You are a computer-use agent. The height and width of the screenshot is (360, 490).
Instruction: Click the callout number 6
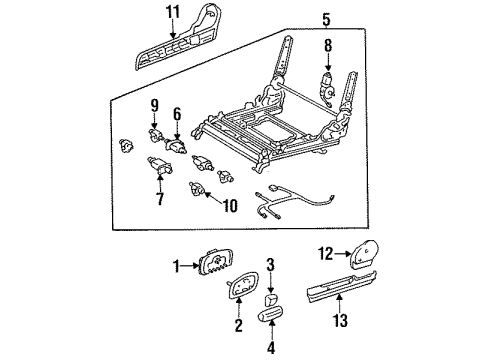(176, 114)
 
